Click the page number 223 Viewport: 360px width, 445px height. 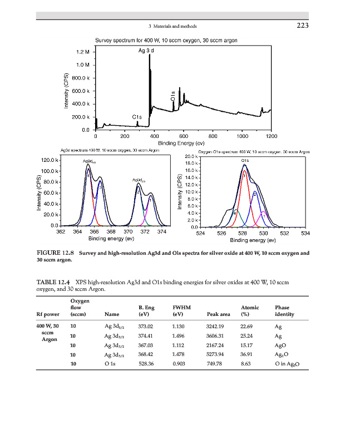coord(302,26)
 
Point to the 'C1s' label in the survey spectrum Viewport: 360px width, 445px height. coord(137,117)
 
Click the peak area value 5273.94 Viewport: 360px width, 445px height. coord(214,354)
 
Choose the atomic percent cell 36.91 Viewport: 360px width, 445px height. coord(246,354)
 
